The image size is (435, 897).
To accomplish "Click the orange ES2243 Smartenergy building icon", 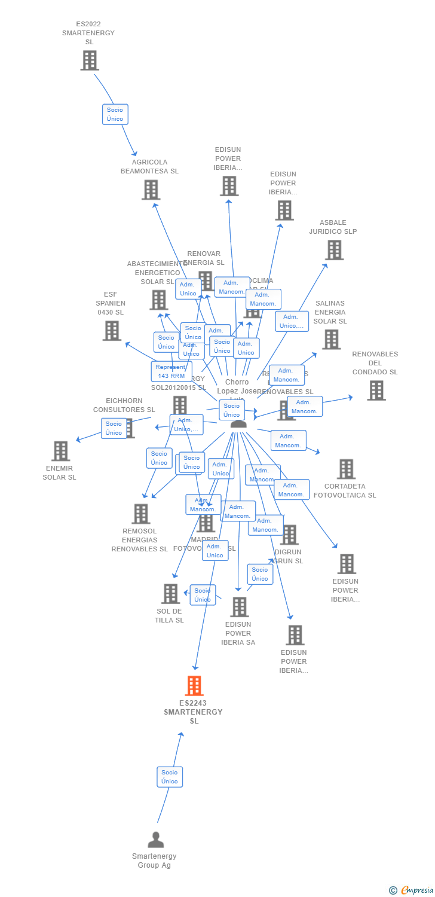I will (x=194, y=685).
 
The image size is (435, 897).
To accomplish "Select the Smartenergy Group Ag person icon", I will (x=156, y=840).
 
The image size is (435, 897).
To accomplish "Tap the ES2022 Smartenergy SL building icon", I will (x=90, y=60).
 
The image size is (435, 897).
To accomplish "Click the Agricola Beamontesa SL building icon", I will (x=151, y=190).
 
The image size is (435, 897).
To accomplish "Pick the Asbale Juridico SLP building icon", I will (x=334, y=250).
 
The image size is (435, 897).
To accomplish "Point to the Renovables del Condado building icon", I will (x=376, y=390).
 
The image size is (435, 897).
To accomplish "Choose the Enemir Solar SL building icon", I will (x=60, y=451).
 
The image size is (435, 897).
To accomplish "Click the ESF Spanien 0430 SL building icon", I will (x=112, y=331).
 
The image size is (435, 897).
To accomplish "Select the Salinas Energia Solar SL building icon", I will (x=331, y=339).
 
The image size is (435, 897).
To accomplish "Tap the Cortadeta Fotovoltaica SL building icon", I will (x=346, y=469).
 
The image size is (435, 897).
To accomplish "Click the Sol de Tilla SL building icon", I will (x=171, y=594).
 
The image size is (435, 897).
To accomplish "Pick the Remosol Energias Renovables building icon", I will (x=140, y=514).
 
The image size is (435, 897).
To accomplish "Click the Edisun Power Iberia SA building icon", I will (x=239, y=607).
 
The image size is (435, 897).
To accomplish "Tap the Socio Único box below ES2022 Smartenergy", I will (x=115, y=114).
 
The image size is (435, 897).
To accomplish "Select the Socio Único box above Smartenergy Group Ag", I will (x=170, y=777).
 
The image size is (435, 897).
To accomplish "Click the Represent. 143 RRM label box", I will (x=171, y=371).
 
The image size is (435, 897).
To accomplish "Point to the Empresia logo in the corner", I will (x=412, y=890).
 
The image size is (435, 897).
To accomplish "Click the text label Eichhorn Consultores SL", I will (x=124, y=405).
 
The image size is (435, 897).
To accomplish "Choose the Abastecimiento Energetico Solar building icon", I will (x=158, y=300).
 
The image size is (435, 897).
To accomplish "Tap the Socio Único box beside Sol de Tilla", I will (x=203, y=595).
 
